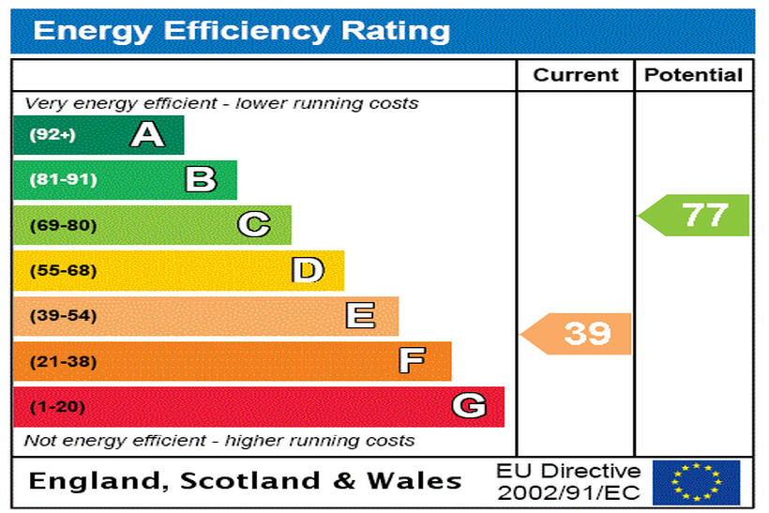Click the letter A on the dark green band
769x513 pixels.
tap(147, 135)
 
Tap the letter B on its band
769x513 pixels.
tap(201, 179)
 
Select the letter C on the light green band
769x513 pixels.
tap(254, 225)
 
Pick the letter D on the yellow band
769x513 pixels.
tap(308, 270)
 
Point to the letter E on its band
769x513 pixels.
tap(361, 316)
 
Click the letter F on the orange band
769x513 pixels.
tap(413, 361)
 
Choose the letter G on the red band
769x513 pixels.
tap(469, 406)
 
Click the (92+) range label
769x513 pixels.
tap(52, 135)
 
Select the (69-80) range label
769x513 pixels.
tap(63, 225)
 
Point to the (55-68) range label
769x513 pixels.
tap(63, 270)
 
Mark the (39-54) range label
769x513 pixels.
tap(63, 316)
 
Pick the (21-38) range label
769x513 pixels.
tap(63, 361)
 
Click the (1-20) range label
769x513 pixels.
tap(57, 407)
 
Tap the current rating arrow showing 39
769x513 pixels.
tap(578, 333)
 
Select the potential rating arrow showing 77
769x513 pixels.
tap(696, 215)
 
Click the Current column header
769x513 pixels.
tap(576, 75)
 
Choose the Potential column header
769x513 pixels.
tap(694, 75)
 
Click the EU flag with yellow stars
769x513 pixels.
tap(696, 482)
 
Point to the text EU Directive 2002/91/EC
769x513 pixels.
tap(568, 481)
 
